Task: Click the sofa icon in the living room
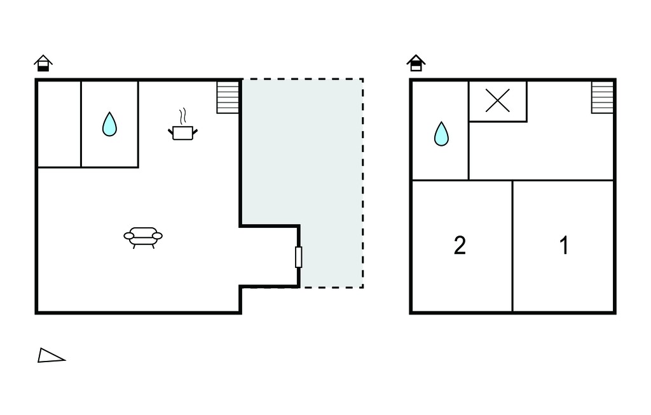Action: tap(143, 237)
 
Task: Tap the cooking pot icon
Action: tap(182, 132)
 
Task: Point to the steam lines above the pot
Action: tap(182, 116)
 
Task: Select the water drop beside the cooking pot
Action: tap(109, 124)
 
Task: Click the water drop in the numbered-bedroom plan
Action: tap(441, 134)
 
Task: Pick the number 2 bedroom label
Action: tap(460, 245)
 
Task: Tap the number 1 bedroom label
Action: tap(564, 245)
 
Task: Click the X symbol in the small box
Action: tap(497, 101)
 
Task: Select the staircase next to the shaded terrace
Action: tap(228, 97)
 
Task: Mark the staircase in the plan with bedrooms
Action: tap(603, 97)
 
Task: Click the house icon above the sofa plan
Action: tap(43, 63)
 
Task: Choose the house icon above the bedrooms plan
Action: tap(416, 63)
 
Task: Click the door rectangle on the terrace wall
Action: tap(299, 257)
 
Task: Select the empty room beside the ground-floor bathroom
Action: tap(59, 124)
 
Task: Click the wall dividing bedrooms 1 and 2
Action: tap(513, 246)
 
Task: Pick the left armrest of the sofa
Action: tap(129, 236)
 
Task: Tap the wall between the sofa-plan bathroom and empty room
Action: tap(81, 124)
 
